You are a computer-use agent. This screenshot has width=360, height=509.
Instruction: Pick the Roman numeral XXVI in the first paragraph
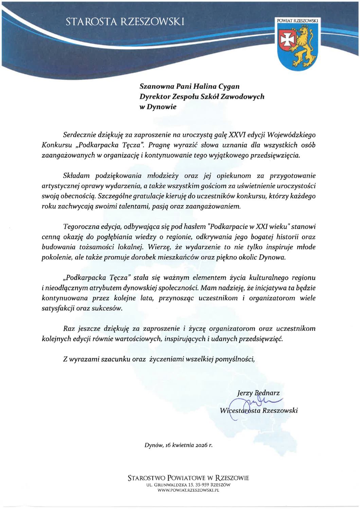pyautogui.click(x=229, y=135)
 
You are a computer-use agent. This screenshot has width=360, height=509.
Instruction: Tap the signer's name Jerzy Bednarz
pyautogui.click(x=258, y=393)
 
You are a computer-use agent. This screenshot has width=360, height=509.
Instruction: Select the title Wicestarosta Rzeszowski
pyautogui.click(x=259, y=411)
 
